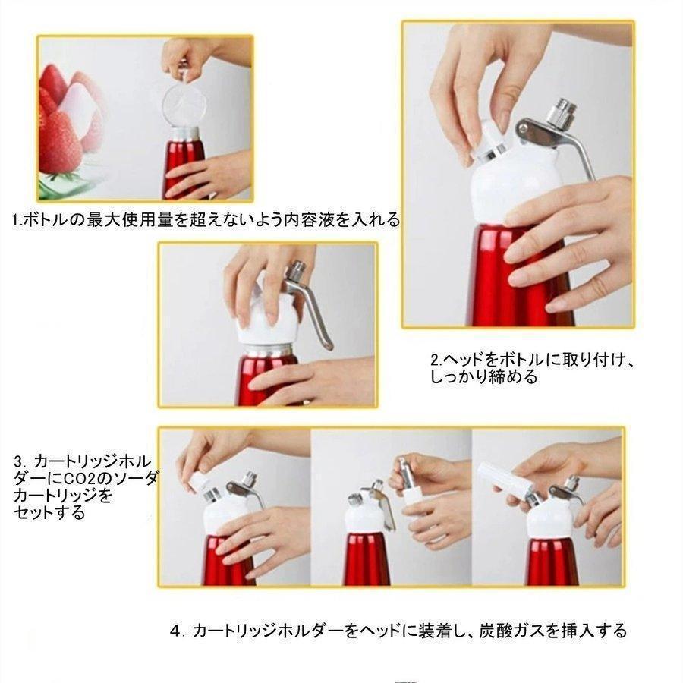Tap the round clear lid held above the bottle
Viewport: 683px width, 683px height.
pos(184,105)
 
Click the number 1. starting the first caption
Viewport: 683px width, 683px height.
pos(17,220)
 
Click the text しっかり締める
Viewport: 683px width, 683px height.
pos(484,376)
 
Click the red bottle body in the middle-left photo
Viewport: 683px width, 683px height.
pos(266,378)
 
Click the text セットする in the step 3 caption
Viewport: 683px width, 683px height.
pos(49,513)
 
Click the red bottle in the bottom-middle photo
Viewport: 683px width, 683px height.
pos(367,559)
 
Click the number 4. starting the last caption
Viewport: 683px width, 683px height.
pos(175,631)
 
